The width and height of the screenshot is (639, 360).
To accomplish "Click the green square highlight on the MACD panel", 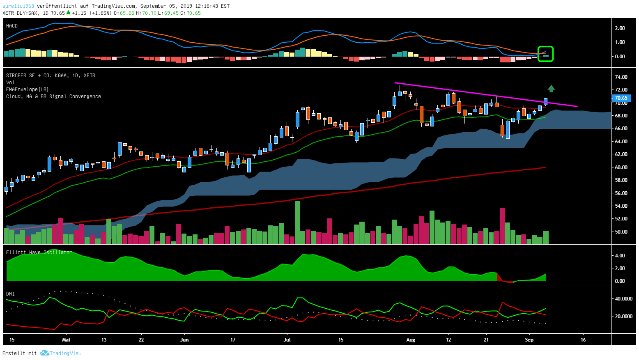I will pyautogui.click(x=545, y=54).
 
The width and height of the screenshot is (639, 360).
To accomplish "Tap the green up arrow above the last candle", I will pyautogui.click(x=551, y=88).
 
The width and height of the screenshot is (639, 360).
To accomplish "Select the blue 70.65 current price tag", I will pyautogui.click(x=621, y=98).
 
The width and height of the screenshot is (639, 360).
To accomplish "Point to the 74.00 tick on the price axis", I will pyautogui.click(x=621, y=77).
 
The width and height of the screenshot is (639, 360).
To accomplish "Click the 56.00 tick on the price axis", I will pyautogui.click(x=621, y=193).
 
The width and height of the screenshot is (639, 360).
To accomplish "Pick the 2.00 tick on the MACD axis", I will pyautogui.click(x=620, y=28).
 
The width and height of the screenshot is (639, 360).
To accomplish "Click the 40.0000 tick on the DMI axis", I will pyautogui.click(x=623, y=299).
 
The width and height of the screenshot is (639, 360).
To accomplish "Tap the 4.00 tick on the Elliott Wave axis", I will pyautogui.click(x=620, y=255).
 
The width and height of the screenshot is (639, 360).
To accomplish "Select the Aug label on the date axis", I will pyautogui.click(x=410, y=340).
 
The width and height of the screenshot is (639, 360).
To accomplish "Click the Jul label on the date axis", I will pyautogui.click(x=287, y=340).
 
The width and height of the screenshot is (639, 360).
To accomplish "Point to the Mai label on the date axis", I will pyautogui.click(x=66, y=340).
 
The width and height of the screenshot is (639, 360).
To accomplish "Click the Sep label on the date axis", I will pyautogui.click(x=529, y=340).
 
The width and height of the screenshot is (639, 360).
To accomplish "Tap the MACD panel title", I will pyautogui.click(x=12, y=26).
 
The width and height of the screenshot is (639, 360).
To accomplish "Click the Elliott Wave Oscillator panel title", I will pyautogui.click(x=39, y=252).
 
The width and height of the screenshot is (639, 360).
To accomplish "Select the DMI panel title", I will pyautogui.click(x=10, y=294).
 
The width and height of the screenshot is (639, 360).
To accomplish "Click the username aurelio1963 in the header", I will pyautogui.click(x=18, y=6).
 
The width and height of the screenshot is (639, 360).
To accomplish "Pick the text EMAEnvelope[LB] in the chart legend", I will pyautogui.click(x=27, y=89).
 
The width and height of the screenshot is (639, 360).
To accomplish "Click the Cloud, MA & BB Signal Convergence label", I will pyautogui.click(x=53, y=96).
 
